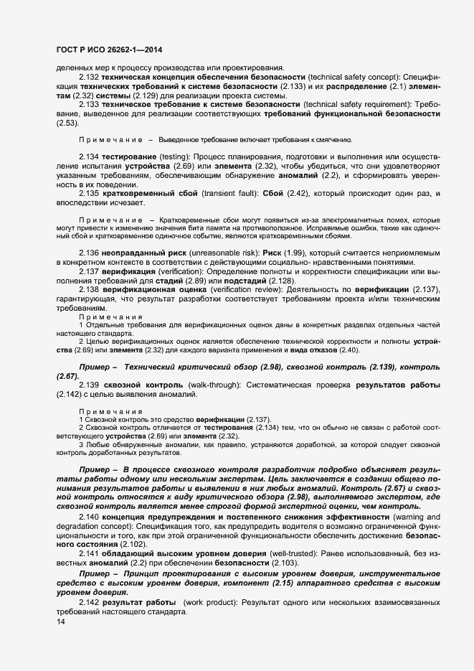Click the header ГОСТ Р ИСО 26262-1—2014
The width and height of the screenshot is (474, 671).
point(108,49)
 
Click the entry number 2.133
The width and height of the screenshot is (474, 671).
point(88,104)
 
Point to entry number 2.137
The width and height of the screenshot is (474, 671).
point(88,292)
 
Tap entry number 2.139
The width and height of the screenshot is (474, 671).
point(88,385)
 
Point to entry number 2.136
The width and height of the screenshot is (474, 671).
point(88,273)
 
